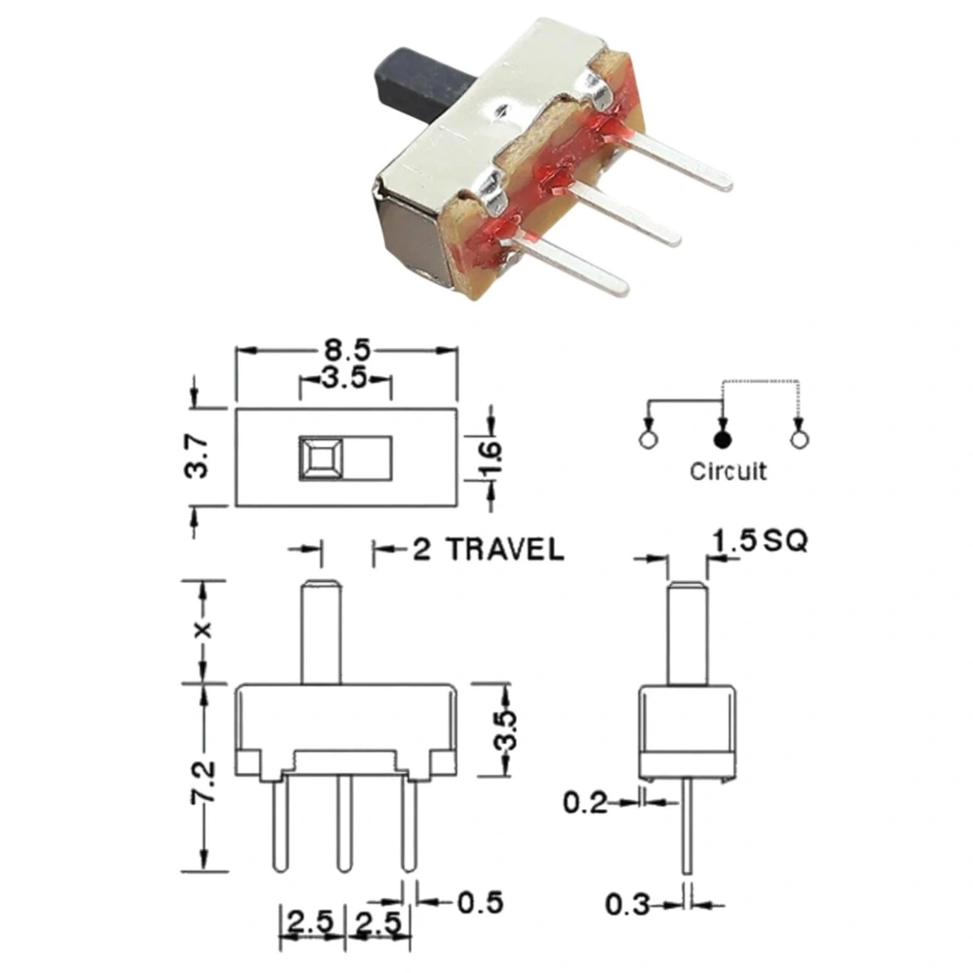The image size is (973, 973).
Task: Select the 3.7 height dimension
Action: (x=198, y=456)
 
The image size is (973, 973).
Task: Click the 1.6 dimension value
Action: (x=490, y=457)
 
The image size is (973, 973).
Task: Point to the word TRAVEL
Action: (x=506, y=550)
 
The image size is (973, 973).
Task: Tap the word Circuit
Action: (x=728, y=472)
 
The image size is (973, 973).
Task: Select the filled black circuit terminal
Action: (x=722, y=440)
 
